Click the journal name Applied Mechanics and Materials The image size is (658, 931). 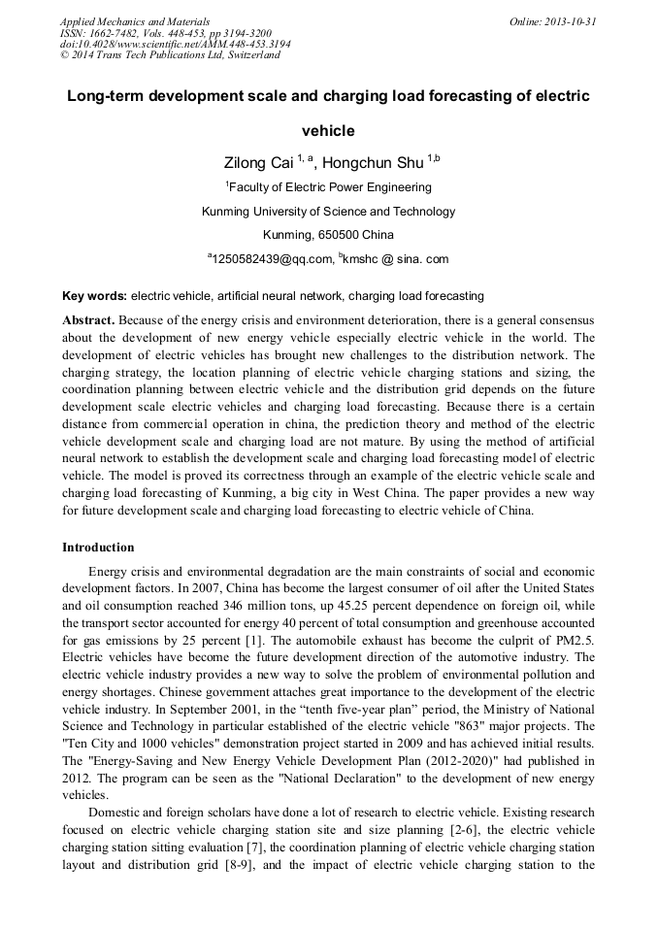click(135, 21)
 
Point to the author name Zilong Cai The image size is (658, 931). click(258, 163)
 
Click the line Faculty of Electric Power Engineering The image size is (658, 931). click(329, 186)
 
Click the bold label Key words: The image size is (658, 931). click(94, 296)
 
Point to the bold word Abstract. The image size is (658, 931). click(88, 319)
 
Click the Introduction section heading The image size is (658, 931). click(98, 548)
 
